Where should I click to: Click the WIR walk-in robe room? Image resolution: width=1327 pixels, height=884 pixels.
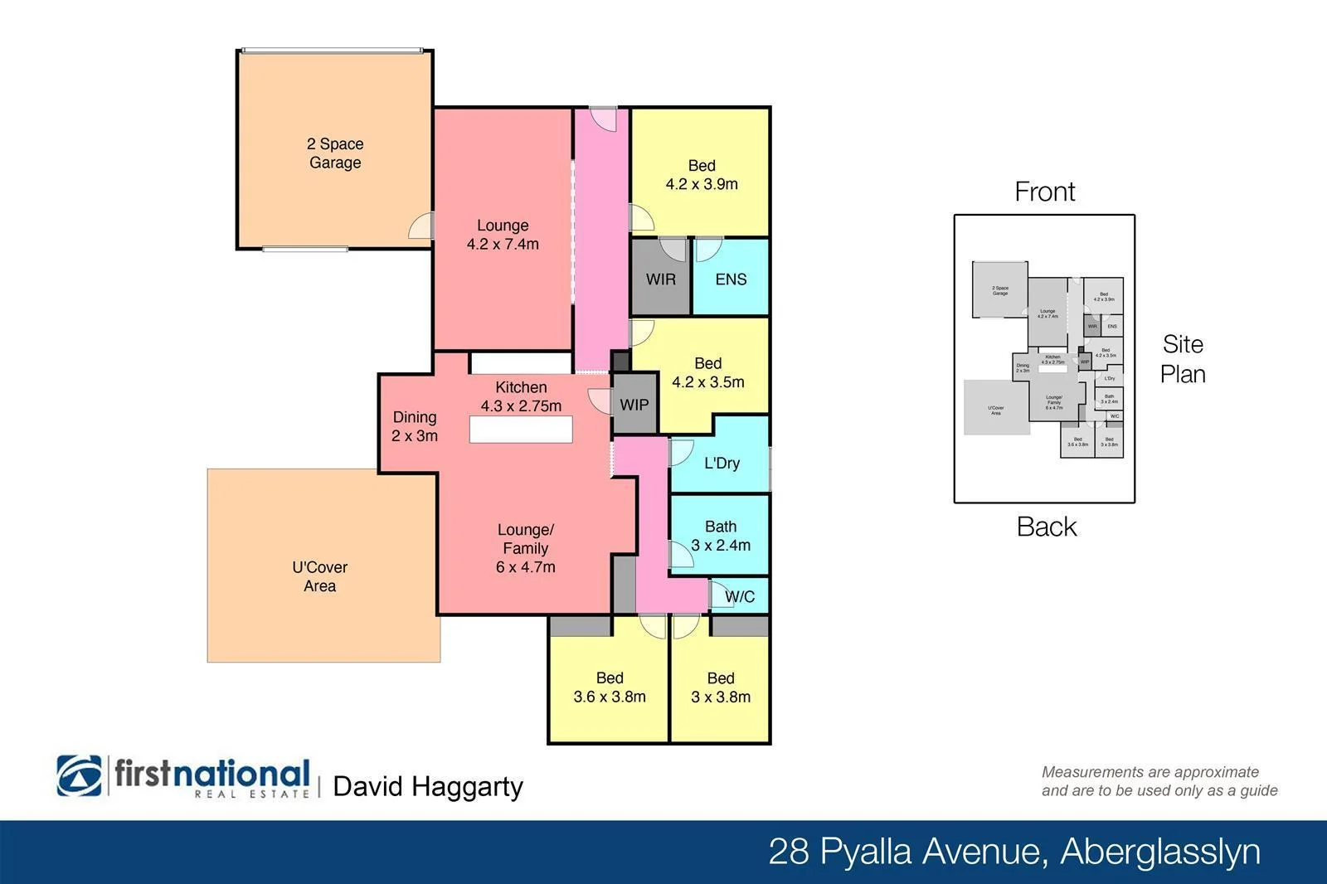click(660, 279)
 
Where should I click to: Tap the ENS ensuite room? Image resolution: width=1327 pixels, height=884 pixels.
click(731, 279)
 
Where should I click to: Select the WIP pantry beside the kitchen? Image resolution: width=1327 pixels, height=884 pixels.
click(634, 405)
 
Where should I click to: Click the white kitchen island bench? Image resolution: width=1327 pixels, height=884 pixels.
click(521, 430)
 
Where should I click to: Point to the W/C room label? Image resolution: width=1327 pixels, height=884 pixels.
click(739, 596)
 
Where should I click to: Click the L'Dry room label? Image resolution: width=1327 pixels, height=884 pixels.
click(722, 463)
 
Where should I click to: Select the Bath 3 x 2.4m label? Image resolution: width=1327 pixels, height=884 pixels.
click(721, 536)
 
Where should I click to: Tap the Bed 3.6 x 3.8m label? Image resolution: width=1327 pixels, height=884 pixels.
click(610, 687)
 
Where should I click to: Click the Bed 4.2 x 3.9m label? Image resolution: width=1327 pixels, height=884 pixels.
click(702, 175)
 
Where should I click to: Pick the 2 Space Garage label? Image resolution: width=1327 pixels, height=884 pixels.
click(335, 153)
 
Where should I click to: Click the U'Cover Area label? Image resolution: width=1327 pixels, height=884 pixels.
click(319, 576)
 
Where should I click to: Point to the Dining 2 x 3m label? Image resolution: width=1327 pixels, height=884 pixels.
click(415, 426)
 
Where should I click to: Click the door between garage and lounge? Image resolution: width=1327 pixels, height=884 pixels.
click(422, 226)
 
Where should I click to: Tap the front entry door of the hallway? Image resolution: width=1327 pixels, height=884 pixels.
click(604, 119)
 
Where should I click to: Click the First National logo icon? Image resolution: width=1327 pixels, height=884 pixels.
click(79, 776)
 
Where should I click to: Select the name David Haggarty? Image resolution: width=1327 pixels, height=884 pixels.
click(428, 786)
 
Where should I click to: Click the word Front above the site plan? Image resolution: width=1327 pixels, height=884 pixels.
click(1044, 192)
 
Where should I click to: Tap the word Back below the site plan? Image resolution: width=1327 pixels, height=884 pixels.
click(1046, 527)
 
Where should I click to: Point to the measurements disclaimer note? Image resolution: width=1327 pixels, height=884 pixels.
click(1159, 781)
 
